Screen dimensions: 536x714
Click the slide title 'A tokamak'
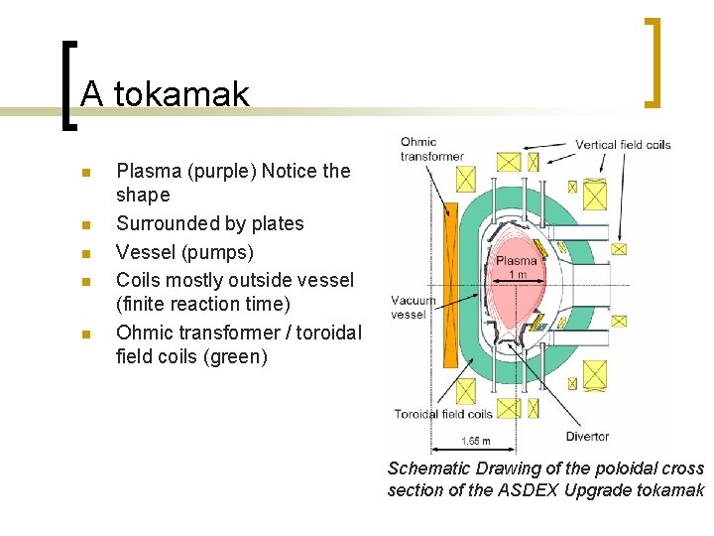click(165, 94)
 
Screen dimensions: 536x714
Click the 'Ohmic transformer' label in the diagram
click(431, 149)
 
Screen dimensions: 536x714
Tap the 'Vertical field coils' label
click(623, 145)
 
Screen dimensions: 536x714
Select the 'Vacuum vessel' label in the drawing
click(413, 307)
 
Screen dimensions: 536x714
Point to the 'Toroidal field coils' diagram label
click(443, 414)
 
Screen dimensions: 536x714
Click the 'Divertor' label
click(587, 436)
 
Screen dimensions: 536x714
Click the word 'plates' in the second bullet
click(279, 223)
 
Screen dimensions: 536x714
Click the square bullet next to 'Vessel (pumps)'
click(86, 253)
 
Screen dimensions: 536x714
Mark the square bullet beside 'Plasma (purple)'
click(86, 172)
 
